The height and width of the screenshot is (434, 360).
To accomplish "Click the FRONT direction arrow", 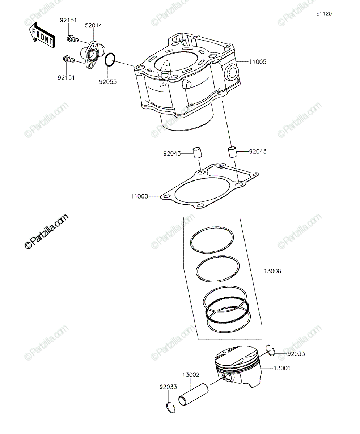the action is tap(42, 35).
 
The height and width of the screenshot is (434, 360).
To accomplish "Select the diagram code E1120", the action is tap(324, 14).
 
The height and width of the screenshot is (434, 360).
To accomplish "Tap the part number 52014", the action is tap(93, 25).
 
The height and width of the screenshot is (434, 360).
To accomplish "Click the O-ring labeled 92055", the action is tap(110, 60).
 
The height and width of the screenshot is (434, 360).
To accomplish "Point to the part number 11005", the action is tap(258, 62).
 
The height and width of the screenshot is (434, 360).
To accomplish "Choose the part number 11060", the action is tap(139, 196).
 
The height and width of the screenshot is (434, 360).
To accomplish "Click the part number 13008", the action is tap(272, 271).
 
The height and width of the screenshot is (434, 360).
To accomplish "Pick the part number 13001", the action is tap(282, 368).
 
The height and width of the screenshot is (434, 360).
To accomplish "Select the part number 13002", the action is tap(191, 375).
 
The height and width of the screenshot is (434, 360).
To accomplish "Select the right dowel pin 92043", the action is tap(233, 152).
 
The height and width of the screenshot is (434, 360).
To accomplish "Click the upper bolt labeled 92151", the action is tap(73, 39).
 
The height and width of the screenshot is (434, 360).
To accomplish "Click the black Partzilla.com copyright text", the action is tap(47, 231).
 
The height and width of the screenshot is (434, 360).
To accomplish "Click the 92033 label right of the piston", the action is tap(296, 354).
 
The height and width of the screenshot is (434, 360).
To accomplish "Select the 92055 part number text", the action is tap(108, 82).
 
